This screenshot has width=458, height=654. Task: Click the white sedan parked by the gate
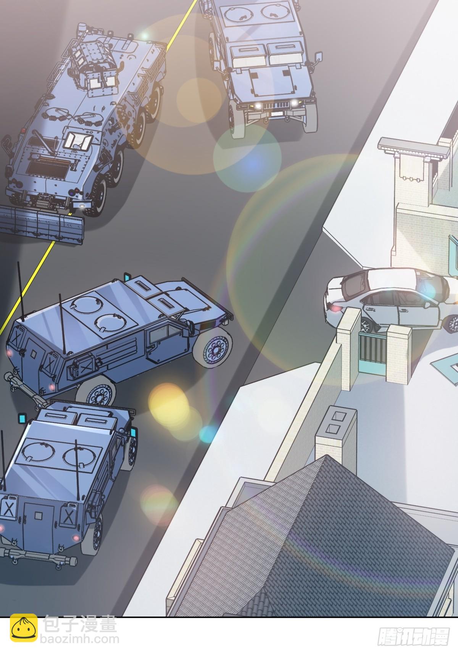coord(389,301)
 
